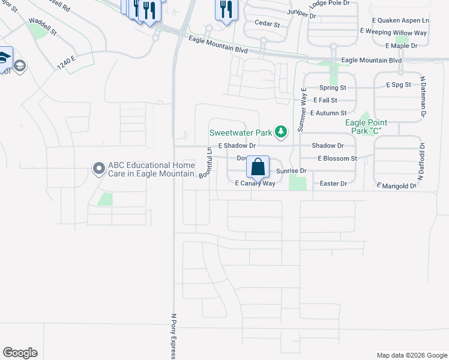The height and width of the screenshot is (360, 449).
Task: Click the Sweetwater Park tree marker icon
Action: pyautogui.click(x=280, y=131)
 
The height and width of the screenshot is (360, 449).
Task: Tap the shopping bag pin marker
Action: pyautogui.click(x=258, y=166)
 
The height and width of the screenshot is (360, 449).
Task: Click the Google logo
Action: pyautogui.click(x=20, y=353)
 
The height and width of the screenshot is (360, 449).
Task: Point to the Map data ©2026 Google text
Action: pyautogui.click(x=412, y=355)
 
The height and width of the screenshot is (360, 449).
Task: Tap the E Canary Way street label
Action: pyautogui.click(x=255, y=184)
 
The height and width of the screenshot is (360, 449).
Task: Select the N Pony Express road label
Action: pyautogui.click(x=173, y=336)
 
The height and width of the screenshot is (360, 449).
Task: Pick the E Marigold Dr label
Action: pyautogui.click(x=396, y=186)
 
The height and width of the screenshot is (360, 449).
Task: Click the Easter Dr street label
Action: pyautogui.click(x=334, y=184)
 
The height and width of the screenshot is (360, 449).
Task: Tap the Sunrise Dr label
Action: pyautogui.click(x=291, y=171)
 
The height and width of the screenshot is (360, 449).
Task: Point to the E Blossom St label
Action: pyautogui.click(x=337, y=158)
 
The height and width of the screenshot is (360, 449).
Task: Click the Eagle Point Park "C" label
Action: pyautogui.click(x=366, y=127)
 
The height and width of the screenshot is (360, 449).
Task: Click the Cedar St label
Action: pyautogui.click(x=268, y=25)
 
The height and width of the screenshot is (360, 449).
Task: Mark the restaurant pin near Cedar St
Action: pyautogui.click(x=224, y=10)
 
